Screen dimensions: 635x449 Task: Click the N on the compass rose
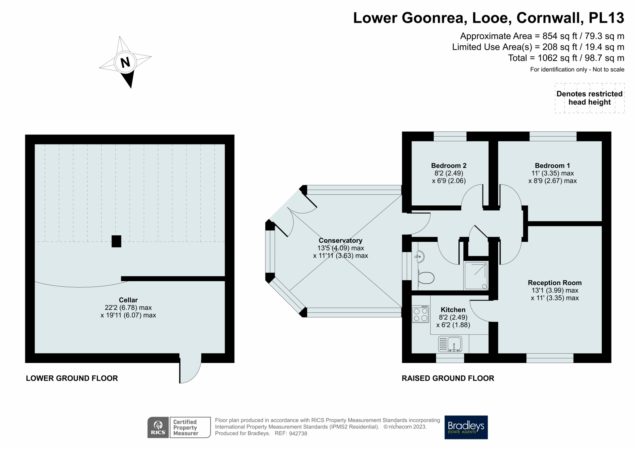(125, 62)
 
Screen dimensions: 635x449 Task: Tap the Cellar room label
(128, 300)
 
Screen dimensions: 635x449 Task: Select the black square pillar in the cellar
(116, 241)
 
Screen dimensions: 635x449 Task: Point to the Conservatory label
(340, 240)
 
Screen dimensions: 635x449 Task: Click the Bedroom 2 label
(448, 166)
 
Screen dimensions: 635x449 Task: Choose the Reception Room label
(555, 283)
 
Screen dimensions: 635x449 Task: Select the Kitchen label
(453, 310)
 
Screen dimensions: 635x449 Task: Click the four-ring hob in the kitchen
(420, 314)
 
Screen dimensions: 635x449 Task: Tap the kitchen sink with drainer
(450, 344)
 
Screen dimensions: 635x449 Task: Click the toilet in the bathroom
(426, 278)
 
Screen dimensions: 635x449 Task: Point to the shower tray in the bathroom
(476, 276)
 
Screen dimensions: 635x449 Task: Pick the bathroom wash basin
(419, 257)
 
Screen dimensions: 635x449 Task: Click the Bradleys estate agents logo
(466, 427)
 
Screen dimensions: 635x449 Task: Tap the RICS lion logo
(158, 427)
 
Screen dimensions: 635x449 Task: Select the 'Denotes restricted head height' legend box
(589, 98)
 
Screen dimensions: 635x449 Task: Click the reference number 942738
(298, 433)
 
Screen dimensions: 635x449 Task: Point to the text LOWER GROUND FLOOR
(72, 378)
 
